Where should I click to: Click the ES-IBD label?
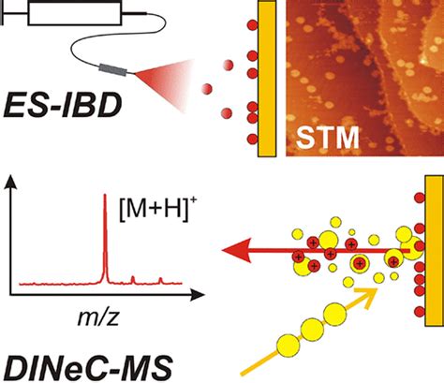pos(63,105)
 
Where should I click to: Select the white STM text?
pos(327,137)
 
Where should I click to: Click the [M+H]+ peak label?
pos(156,211)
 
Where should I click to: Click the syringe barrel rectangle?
pos(74,13)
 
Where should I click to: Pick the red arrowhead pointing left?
pos(237,250)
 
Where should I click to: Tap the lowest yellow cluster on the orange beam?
pos(289,346)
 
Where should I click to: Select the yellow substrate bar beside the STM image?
pos(267,78)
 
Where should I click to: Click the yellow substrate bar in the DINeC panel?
pos(435,251)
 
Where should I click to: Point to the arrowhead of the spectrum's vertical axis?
pos(11,182)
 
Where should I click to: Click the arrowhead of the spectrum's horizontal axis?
pos(198,294)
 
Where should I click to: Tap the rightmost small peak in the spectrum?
pos(160,280)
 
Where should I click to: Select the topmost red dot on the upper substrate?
pos(252,25)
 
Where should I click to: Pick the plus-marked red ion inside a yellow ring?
pos(360,263)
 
